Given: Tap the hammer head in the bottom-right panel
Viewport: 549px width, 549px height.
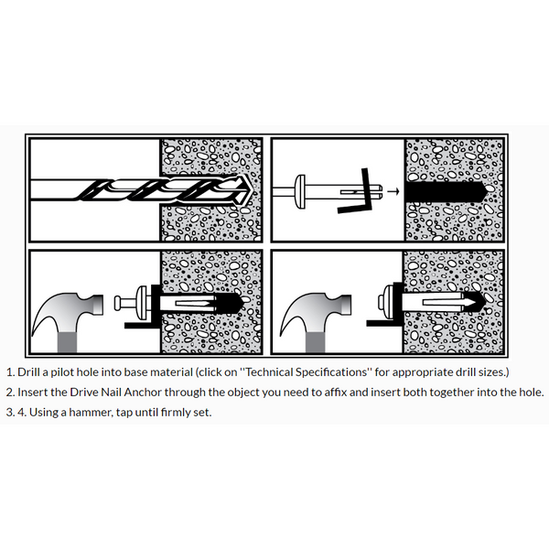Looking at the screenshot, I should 326,307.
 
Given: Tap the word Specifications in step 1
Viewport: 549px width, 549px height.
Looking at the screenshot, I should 355,372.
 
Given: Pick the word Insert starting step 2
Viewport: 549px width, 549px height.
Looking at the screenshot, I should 34,392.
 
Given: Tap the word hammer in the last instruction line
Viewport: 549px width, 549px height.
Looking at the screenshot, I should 90,412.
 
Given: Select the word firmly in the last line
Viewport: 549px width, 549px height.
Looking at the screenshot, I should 171,412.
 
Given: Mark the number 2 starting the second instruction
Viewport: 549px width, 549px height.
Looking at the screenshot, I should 9,392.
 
